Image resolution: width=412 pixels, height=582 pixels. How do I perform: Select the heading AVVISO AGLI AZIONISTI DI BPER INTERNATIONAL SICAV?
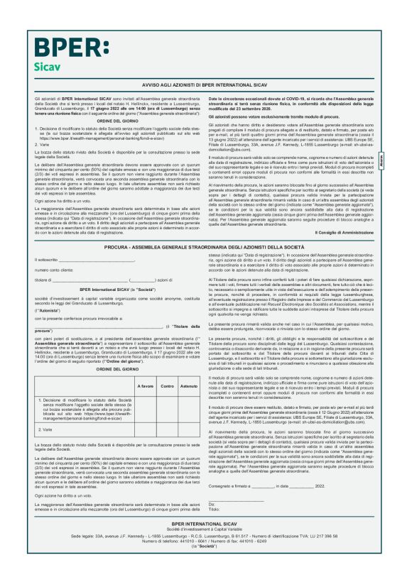tap(205, 83)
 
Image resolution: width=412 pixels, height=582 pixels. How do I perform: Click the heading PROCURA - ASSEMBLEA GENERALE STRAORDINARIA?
tap(205, 246)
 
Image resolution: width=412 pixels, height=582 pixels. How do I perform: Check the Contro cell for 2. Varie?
tap(168, 430)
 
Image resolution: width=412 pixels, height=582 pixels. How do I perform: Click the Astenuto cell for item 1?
tap(189, 411)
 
